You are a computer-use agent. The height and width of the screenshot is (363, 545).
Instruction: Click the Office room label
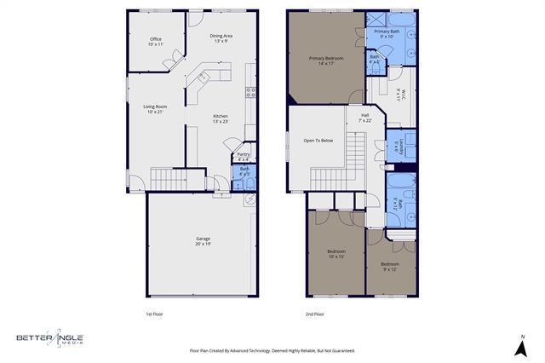pos(156,41)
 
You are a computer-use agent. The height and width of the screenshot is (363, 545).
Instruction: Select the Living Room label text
pos(154,108)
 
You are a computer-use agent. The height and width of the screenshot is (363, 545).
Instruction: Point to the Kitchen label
pos(220,118)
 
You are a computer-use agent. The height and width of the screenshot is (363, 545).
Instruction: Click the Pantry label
pos(243,156)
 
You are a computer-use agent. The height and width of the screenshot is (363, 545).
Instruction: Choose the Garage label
pos(203,240)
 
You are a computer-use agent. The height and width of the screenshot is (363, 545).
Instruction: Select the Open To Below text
pos(318,140)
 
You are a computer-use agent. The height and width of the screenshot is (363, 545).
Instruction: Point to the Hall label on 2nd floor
pos(364,117)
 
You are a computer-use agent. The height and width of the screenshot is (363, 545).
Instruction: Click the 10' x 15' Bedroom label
pos(336,253)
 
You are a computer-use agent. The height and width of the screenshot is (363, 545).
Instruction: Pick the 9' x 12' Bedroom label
pos(389,266)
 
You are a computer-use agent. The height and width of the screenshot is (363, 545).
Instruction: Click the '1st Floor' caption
pos(154,314)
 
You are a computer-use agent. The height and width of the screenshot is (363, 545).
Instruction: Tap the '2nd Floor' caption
pos(316,314)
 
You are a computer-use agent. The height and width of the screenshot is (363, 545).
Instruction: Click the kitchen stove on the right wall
pos(251,94)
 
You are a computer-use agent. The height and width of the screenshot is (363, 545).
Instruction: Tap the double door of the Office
pos(176,58)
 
